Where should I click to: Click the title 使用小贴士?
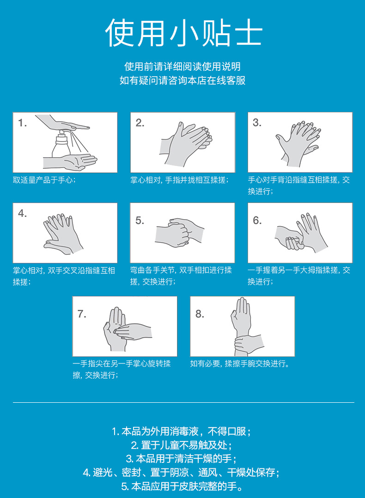click(183, 32)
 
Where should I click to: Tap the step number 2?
click(140, 123)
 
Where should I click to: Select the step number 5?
click(140, 221)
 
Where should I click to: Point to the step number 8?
click(200, 314)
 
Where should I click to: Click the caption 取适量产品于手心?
click(44, 180)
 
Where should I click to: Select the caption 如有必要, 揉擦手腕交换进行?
click(240, 363)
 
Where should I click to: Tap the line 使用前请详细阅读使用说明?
click(182, 67)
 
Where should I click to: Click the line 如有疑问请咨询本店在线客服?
click(182, 80)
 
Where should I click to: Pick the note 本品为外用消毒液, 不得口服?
click(182, 431)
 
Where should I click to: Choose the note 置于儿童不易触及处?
click(182, 445)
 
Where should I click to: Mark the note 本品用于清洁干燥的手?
click(182, 459)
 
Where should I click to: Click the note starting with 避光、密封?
click(182, 472)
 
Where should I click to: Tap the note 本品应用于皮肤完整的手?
click(182, 486)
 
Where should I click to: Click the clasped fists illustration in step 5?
click(179, 233)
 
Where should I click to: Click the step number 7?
click(82, 314)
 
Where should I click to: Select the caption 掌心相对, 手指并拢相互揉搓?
click(180, 180)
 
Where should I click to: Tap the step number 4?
click(22, 213)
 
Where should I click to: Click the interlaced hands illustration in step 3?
click(298, 143)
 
